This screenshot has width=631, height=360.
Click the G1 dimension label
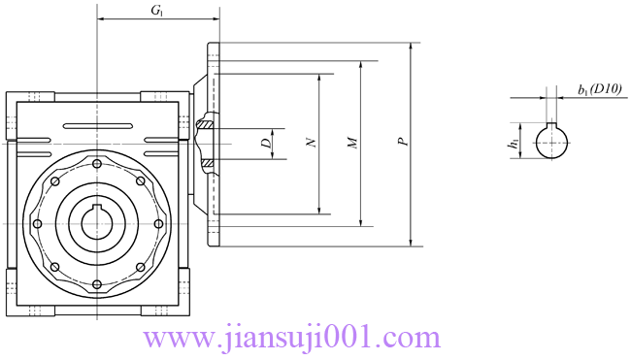pos(157,11)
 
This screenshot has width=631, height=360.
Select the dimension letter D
pos(267,144)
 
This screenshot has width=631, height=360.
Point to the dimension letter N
pos(312,143)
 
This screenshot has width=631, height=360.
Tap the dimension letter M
pos(353,143)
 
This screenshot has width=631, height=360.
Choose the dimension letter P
pos(403,141)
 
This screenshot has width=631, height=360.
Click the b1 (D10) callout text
pos(600,90)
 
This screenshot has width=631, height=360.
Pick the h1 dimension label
pos(514,144)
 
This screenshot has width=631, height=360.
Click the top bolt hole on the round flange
pos(96,164)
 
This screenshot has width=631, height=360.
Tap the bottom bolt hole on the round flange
pos(96,284)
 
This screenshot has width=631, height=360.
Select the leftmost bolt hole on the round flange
pos(37,223)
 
